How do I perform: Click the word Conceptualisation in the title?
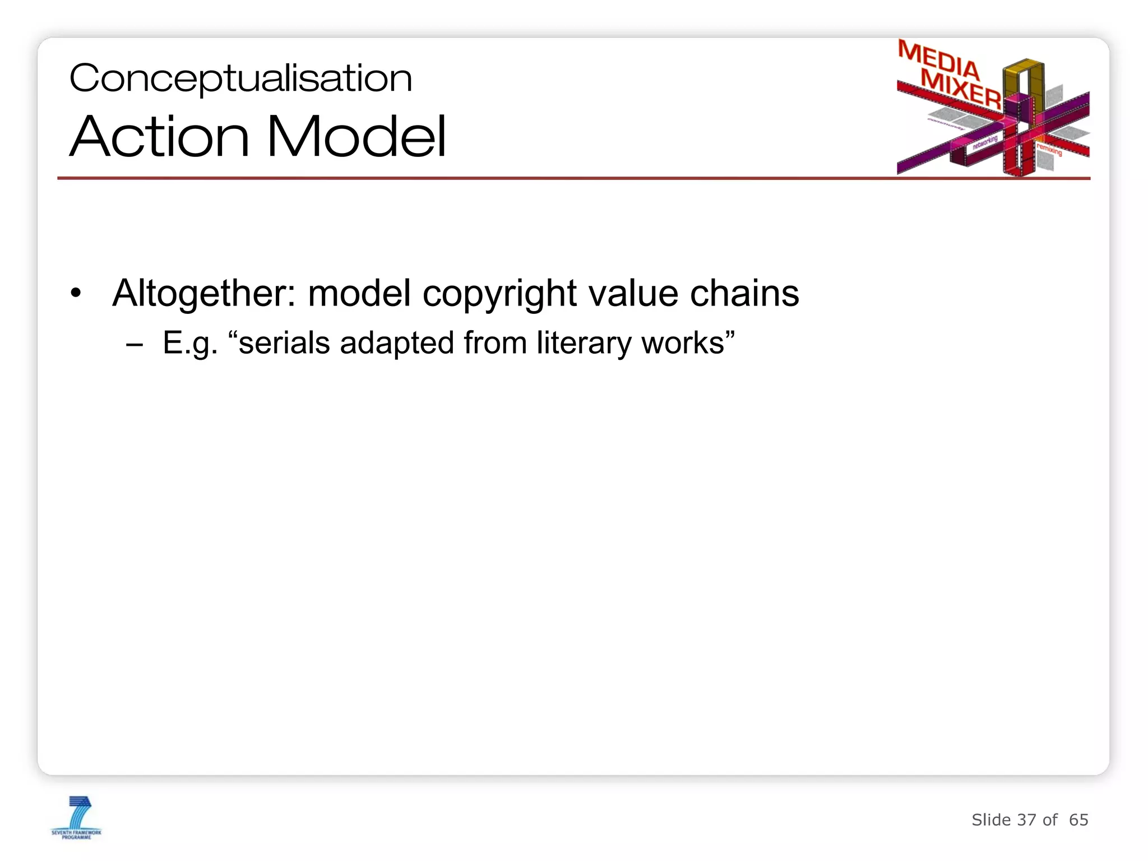click(240, 78)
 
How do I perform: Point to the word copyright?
click(499, 294)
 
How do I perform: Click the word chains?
click(744, 293)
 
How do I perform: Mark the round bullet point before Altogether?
click(76, 293)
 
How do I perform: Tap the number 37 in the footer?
click(1026, 820)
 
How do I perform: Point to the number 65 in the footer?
click(1078, 820)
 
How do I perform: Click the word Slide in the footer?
click(991, 820)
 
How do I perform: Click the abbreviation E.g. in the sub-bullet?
click(190, 344)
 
